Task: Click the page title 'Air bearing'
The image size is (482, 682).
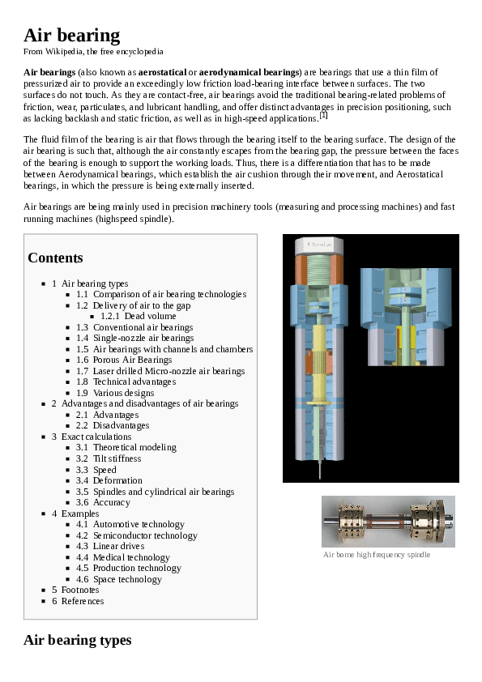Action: pyautogui.click(x=71, y=35)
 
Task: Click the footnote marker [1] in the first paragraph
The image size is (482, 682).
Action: pyautogui.click(x=323, y=115)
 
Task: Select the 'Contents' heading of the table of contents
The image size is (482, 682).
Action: pyautogui.click(x=55, y=258)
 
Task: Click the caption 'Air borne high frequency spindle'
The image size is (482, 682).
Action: pyautogui.click(x=377, y=555)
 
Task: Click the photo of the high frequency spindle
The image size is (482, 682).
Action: pyautogui.click(x=387, y=522)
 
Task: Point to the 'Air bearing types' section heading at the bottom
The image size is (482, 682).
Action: pyautogui.click(x=77, y=640)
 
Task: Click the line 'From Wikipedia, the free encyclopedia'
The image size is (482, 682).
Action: pyautogui.click(x=93, y=52)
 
